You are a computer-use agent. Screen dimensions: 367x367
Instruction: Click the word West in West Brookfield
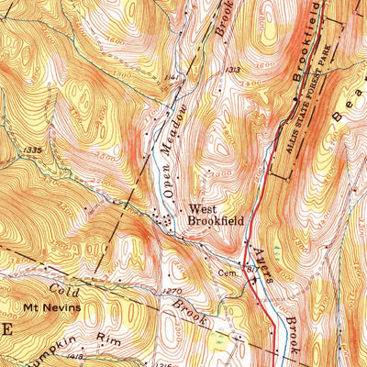pyautogui.click(x=204, y=208)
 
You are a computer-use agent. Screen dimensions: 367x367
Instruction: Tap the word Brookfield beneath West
pyautogui.click(x=213, y=220)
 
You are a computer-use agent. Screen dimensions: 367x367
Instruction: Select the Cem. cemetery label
pyautogui.click(x=228, y=272)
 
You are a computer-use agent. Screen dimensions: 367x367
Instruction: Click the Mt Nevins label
pyautogui.click(x=51, y=307)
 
